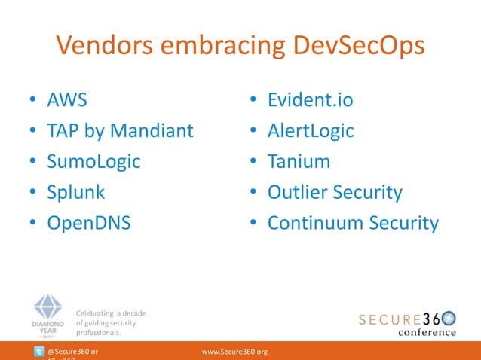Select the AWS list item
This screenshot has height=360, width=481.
67,100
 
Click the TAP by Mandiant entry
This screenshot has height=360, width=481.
121,131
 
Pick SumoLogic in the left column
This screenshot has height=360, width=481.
94,162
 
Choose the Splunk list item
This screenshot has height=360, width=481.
76,192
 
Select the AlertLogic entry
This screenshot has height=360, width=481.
311,131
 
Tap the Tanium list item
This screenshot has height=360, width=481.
299,162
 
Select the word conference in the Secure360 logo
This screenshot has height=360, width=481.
427,332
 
